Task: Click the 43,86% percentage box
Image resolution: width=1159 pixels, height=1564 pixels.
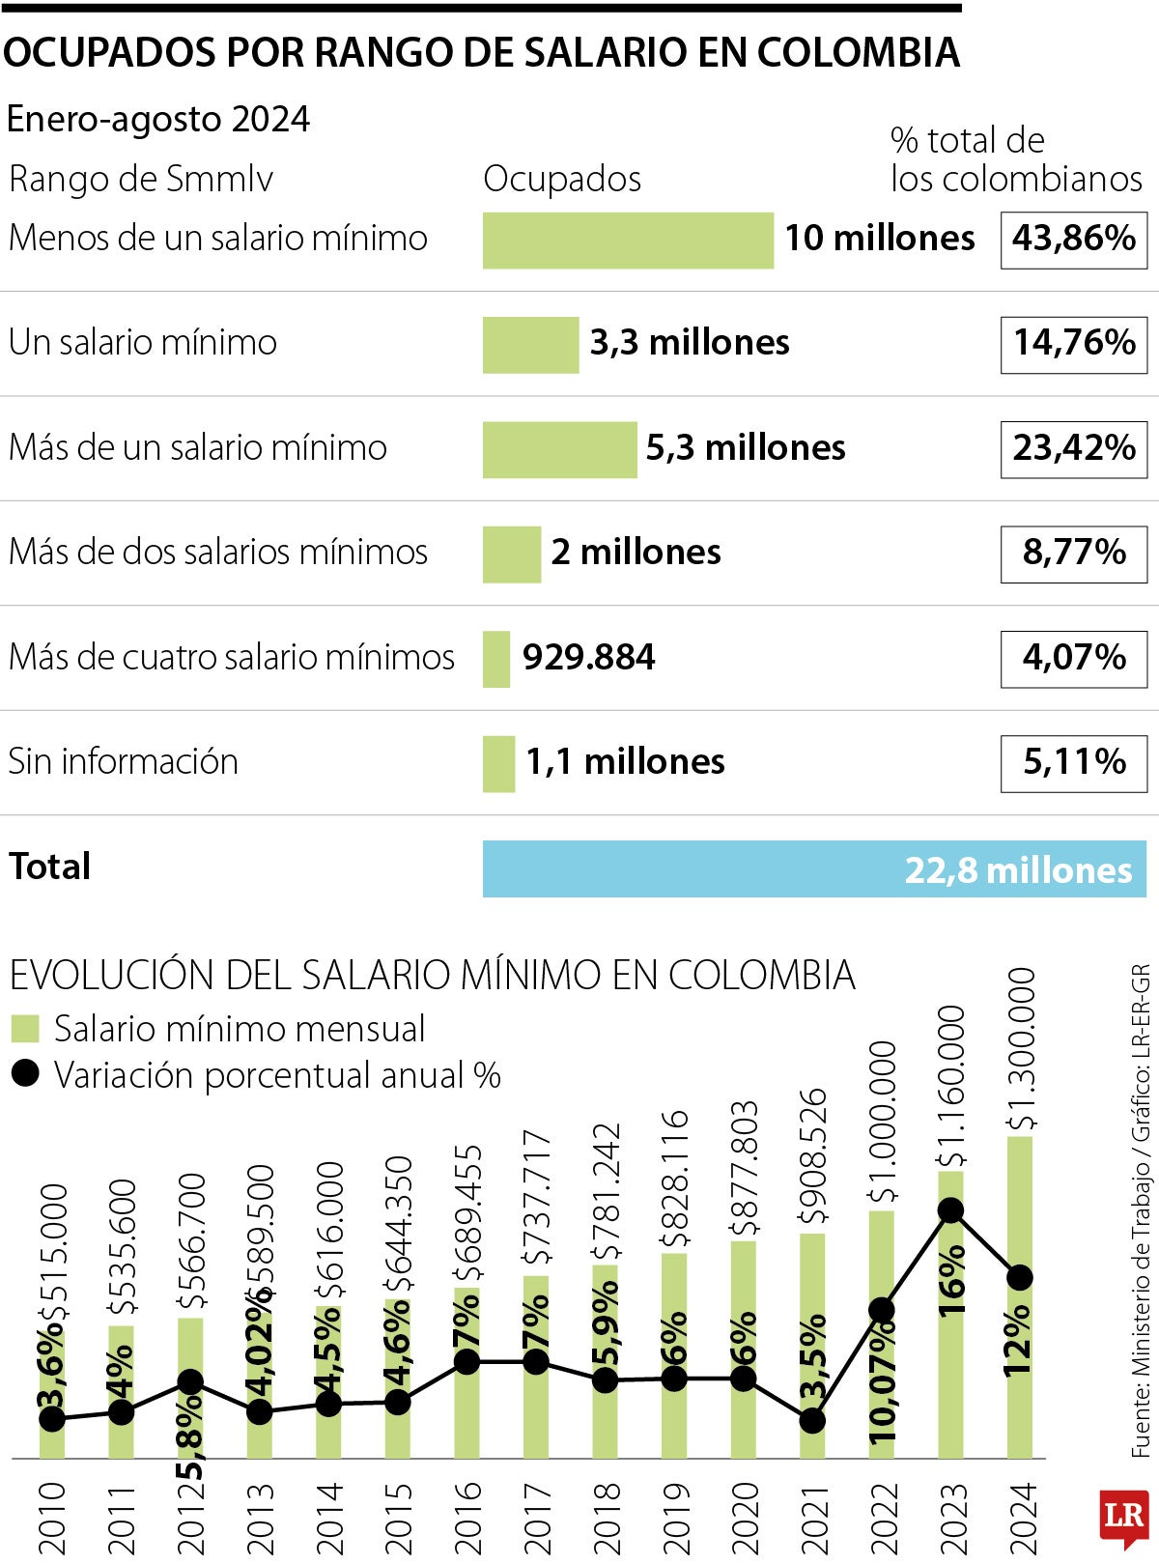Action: [1073, 239]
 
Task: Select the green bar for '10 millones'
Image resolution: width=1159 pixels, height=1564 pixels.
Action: [628, 240]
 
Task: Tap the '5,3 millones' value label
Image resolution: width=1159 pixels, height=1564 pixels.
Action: [746, 447]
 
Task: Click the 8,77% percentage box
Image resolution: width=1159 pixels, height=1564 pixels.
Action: [1073, 553]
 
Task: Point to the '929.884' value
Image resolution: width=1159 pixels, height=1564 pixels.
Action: [588, 658]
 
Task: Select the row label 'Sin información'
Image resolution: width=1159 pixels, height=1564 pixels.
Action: [124, 761]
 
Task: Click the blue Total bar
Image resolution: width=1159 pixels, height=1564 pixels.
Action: [813, 868]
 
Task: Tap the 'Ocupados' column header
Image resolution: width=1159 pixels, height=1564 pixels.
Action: [562, 179]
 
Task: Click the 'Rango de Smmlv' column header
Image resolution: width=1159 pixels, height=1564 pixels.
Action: [141, 179]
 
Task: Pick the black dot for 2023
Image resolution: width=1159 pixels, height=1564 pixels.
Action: [951, 1210]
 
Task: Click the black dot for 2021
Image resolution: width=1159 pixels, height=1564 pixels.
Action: [813, 1420]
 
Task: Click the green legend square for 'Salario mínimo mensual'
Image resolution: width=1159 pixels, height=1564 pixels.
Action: [25, 1029]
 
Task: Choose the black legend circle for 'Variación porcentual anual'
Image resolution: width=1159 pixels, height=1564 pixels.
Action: [25, 1073]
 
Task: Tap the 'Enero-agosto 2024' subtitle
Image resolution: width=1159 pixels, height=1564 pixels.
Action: [158, 119]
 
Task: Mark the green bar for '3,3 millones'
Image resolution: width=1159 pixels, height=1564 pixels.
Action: [530, 344]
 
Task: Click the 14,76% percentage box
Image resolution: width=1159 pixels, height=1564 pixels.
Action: [1073, 343]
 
